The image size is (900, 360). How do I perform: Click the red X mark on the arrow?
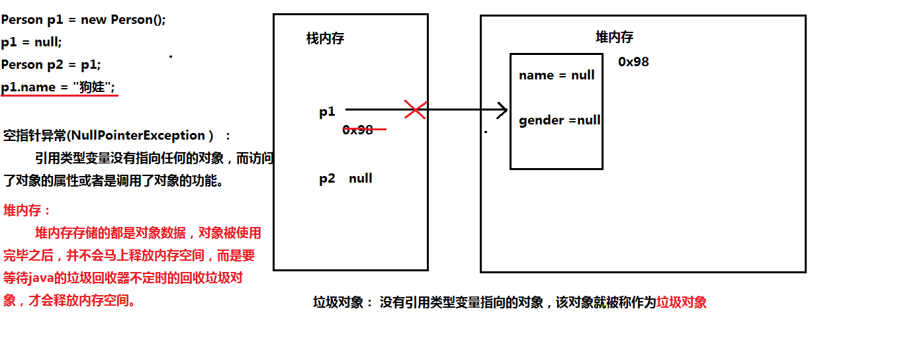(416, 109)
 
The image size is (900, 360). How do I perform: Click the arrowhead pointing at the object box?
(502, 110)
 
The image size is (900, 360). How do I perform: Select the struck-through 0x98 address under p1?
(357, 130)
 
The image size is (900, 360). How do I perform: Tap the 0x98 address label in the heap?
(633, 62)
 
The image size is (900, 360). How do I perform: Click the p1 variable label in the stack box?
(327, 112)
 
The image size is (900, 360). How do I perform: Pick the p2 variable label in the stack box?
(327, 179)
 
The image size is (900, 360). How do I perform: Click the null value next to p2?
(361, 178)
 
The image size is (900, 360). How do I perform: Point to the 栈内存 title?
(325, 38)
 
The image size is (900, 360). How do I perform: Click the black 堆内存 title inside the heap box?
(614, 37)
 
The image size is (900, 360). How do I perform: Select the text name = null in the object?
(557, 75)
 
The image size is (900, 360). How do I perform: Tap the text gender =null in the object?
(560, 120)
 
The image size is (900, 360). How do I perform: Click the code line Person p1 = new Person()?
(83, 20)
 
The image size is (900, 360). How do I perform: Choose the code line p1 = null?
(31, 42)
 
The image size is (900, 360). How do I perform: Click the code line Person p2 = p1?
(51, 65)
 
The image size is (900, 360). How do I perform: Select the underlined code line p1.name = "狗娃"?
(58, 87)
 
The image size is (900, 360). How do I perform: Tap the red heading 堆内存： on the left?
(26, 210)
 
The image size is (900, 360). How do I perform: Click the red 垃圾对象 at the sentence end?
(682, 302)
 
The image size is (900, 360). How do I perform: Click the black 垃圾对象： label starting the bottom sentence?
(344, 302)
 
